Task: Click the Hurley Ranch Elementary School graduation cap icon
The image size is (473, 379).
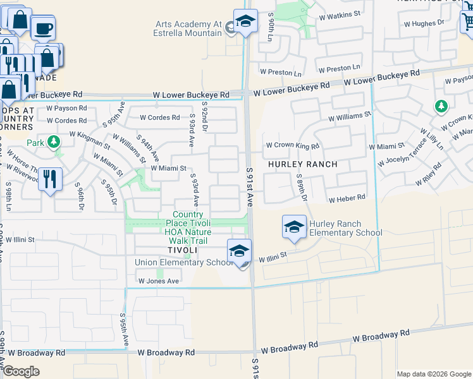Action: coord(294,228)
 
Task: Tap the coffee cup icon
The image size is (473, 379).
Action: coord(43,28)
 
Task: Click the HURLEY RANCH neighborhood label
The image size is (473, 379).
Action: coord(302,164)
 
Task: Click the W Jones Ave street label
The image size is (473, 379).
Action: coord(159,280)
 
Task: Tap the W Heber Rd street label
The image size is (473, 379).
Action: coord(347,198)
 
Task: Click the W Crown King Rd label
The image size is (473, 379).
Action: coord(292,146)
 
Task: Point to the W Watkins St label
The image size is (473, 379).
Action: coord(340,13)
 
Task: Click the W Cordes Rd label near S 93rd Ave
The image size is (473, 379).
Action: coord(160,117)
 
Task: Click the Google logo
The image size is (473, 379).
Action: coord(21,371)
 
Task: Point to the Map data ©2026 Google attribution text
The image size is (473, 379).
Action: coord(433,374)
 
